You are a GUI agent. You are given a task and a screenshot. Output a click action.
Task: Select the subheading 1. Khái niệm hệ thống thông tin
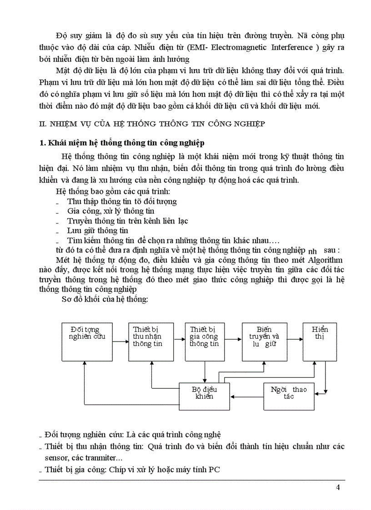coord(121,143)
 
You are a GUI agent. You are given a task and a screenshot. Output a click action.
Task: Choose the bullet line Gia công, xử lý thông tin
coord(110,211)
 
